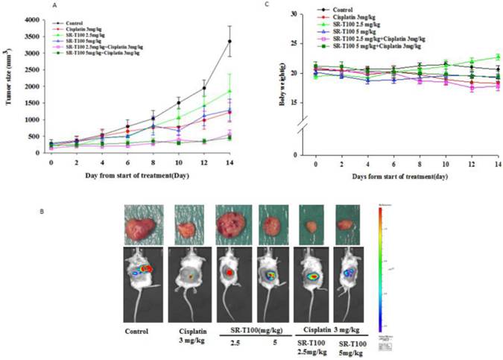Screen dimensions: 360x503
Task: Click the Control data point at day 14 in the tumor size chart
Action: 250,41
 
